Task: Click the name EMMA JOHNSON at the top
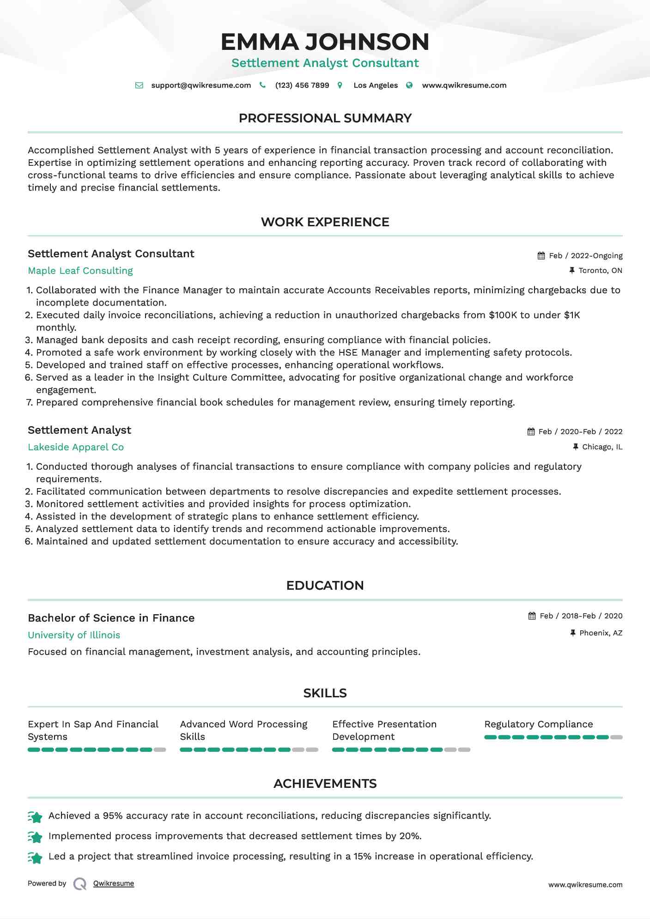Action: point(325,42)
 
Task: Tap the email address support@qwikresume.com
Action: point(201,85)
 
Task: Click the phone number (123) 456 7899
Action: point(302,85)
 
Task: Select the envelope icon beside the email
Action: point(139,85)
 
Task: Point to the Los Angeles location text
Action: point(375,85)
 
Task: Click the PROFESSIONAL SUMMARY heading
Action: point(325,118)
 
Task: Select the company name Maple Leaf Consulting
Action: point(80,271)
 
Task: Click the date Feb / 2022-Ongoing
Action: point(585,256)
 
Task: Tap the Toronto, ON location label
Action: point(600,271)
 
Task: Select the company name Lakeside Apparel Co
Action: point(76,447)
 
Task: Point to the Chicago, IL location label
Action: point(602,447)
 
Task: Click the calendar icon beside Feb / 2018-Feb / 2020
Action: point(532,616)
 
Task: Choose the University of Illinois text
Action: point(74,635)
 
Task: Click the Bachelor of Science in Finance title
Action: point(111,618)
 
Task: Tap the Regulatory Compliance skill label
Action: point(538,724)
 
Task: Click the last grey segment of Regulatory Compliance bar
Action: point(616,738)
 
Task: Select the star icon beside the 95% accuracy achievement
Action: point(35,817)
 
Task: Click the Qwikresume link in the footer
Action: point(114,883)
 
